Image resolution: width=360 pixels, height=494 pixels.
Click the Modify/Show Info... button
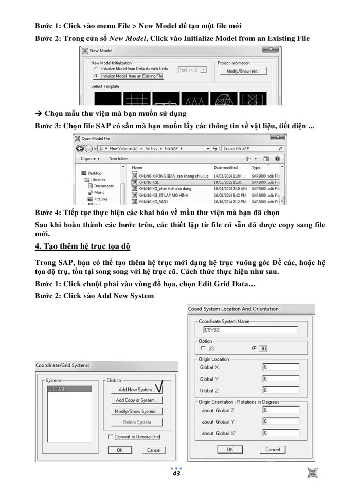point(244,72)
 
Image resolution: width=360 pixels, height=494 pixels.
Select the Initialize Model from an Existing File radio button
point(96,76)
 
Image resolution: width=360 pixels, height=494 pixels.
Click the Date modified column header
point(226,167)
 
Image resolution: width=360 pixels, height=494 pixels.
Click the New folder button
point(118,158)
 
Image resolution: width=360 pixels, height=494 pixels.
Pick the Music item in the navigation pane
point(99,192)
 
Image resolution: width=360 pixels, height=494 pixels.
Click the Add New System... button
point(136,390)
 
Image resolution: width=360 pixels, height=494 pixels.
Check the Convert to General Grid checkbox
point(111,437)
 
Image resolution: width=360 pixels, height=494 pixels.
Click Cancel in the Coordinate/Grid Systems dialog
point(154,450)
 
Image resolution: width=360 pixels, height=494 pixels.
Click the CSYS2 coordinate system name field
point(250,330)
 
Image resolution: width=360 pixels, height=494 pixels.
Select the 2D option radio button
point(203,348)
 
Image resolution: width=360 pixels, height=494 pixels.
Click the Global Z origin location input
point(280,391)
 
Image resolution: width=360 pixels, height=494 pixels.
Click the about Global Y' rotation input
point(280,421)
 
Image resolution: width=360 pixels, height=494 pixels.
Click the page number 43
point(176,473)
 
